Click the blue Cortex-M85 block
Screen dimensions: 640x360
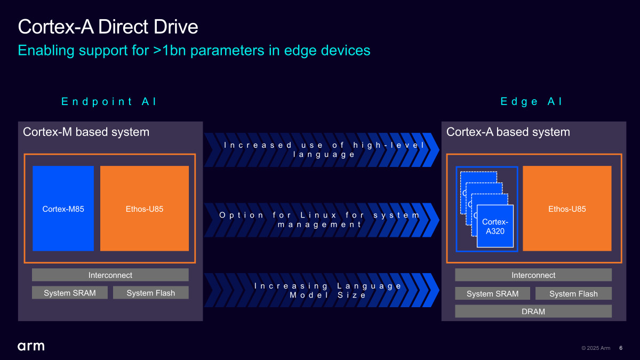coord(63,209)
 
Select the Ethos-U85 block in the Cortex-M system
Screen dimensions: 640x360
coord(145,209)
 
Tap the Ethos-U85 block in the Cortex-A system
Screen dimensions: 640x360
coord(567,209)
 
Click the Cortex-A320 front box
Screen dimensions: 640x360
coord(495,226)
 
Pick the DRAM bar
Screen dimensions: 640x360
coord(533,311)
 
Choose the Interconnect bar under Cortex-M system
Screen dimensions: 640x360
coord(110,275)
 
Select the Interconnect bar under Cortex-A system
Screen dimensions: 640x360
coord(533,275)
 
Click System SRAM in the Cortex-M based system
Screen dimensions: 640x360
coord(70,293)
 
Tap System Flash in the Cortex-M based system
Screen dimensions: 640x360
coord(151,293)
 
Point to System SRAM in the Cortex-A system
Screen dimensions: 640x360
coord(493,293)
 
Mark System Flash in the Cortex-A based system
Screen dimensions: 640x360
coord(573,293)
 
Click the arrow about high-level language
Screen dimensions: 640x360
coord(322,150)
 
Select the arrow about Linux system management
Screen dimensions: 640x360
coord(322,220)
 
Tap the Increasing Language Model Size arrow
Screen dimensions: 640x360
coord(322,290)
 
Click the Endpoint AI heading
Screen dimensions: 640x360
coord(109,101)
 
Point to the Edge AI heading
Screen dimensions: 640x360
coord(531,101)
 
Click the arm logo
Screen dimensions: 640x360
coord(31,346)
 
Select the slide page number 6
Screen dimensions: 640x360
coord(621,348)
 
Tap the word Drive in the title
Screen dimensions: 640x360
coord(175,27)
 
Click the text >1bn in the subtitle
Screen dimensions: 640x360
coord(170,50)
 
